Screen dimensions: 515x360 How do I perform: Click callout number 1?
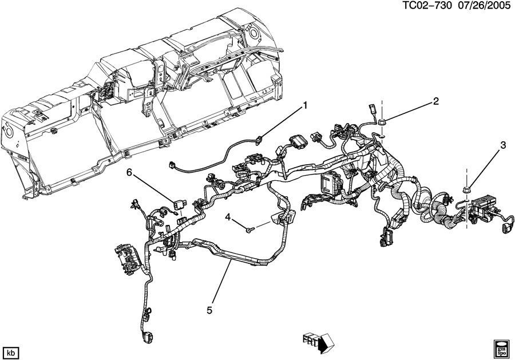pyautogui.click(x=305, y=106)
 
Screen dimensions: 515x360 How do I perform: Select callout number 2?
pyautogui.click(x=436, y=101)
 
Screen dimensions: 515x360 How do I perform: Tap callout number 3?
pyautogui.click(x=503, y=145)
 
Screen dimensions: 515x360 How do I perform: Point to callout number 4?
pyautogui.click(x=228, y=217)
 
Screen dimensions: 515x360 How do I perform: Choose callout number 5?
pyautogui.click(x=209, y=310)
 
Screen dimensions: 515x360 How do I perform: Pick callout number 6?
pyautogui.click(x=129, y=172)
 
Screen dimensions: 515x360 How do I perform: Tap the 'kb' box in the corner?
pyautogui.click(x=11, y=353)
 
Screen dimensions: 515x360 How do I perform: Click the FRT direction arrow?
pyautogui.click(x=318, y=343)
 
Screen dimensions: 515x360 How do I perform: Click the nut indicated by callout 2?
pyautogui.click(x=382, y=122)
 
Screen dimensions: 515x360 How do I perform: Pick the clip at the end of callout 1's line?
pyautogui.click(x=259, y=140)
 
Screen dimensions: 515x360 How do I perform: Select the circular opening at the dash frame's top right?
pyautogui.click(x=253, y=33)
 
